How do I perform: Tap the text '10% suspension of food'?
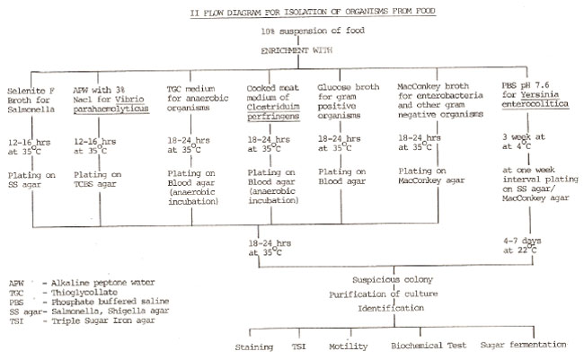tap(313, 31)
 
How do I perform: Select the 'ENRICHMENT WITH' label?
tap(296, 50)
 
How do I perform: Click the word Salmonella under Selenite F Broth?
tap(31, 110)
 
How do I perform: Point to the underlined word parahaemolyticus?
tap(111, 109)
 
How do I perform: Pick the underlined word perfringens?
tap(273, 116)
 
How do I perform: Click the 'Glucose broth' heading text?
tap(349, 87)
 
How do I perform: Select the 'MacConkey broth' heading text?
tap(433, 86)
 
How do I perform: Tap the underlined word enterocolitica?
tap(535, 104)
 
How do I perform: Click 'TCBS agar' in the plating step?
tap(95, 184)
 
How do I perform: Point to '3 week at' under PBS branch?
tap(523, 137)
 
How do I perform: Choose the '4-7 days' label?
tap(522, 241)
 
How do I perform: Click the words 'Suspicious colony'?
tap(393, 279)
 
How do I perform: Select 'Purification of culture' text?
tap(384, 294)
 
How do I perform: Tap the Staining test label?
tap(254, 347)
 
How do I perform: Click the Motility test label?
tap(349, 347)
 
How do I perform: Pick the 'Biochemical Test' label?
tap(429, 346)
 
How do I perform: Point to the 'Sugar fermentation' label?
tap(523, 345)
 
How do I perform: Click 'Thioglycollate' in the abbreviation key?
tap(84, 293)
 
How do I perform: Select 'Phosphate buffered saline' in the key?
tap(111, 302)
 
